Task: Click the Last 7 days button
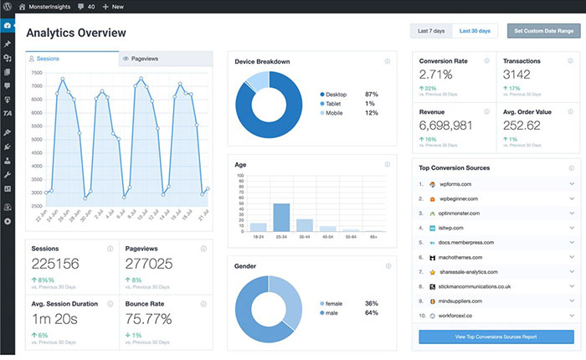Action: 431,31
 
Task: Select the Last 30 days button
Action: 475,31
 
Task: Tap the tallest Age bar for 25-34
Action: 281,217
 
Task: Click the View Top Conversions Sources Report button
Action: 496,337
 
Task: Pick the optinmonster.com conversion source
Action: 459,213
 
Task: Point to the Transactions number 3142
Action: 522,75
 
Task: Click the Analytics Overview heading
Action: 76,33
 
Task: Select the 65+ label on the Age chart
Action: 374,237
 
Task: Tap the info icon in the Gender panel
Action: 387,266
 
